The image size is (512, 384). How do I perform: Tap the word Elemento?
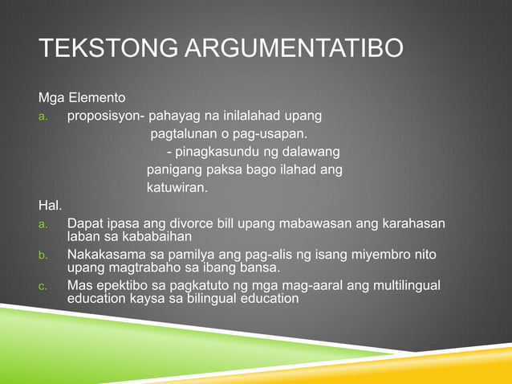point(96,98)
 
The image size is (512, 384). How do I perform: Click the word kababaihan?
point(139,236)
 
